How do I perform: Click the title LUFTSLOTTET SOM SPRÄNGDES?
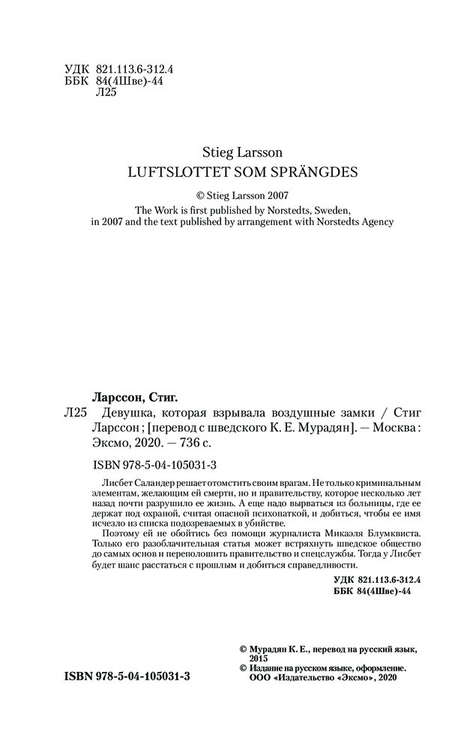pyautogui.click(x=231, y=170)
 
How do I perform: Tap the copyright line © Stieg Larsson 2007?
pyautogui.click(x=231, y=193)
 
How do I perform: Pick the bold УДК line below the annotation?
pyautogui.click(x=376, y=580)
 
